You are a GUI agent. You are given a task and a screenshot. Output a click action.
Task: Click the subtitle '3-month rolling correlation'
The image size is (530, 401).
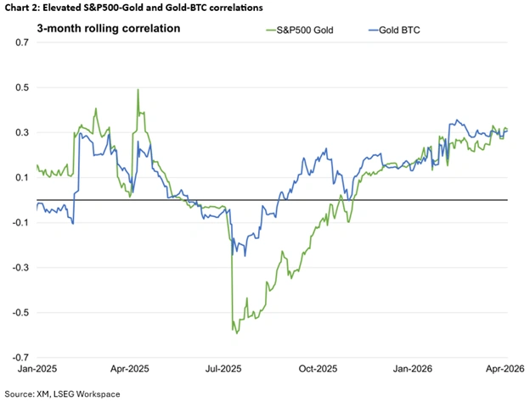(108, 28)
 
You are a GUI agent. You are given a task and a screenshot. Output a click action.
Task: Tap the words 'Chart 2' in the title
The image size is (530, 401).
(23, 7)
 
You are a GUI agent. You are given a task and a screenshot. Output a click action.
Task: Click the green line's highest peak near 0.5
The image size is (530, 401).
(138, 89)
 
